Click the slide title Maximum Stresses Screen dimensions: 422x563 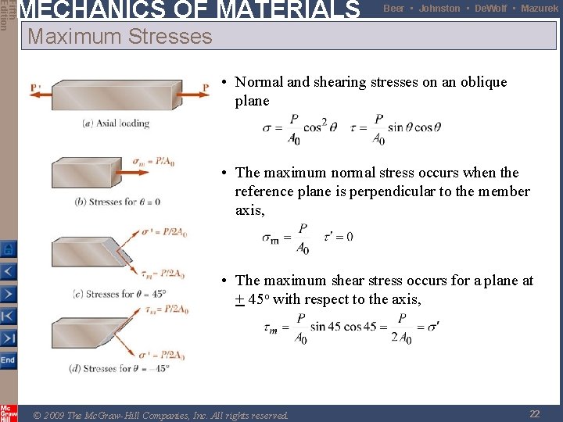click(120, 36)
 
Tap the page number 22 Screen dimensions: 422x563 click(535, 414)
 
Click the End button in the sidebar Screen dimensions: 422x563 click(8, 360)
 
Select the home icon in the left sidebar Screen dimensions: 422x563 click(8, 249)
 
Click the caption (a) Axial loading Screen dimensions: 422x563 click(116, 123)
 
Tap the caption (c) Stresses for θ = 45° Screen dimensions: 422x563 click(119, 294)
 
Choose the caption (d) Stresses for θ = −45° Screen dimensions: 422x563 click(121, 368)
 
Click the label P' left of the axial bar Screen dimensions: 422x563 click(35, 87)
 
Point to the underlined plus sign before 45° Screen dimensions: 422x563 click(239, 299)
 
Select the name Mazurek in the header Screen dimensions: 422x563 click(540, 8)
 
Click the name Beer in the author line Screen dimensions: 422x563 click(394, 8)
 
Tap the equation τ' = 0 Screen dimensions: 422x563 click(338, 236)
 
